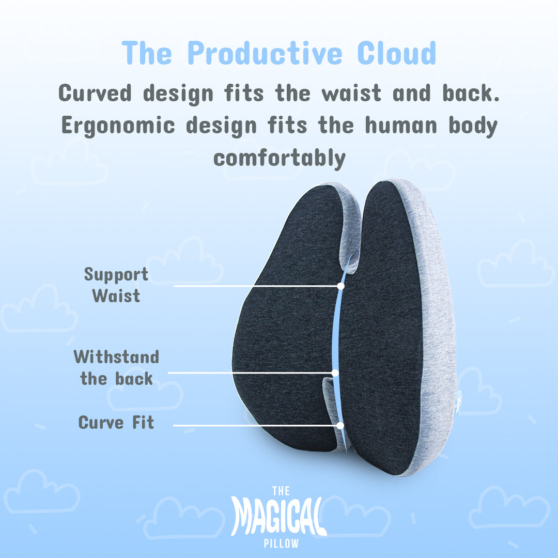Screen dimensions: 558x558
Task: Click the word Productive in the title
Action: tap(265, 53)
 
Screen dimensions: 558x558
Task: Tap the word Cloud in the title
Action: tap(396, 53)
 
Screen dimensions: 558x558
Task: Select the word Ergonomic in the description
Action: tap(118, 127)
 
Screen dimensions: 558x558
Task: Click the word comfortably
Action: tap(280, 159)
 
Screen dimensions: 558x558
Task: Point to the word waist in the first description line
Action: tap(351, 93)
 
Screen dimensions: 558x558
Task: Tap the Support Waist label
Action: tap(116, 285)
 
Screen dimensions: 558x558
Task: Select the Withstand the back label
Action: tap(116, 367)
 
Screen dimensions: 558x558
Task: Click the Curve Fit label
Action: tap(116, 423)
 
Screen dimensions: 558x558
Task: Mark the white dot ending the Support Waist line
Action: tap(340, 286)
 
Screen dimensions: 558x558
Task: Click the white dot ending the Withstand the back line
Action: tap(335, 373)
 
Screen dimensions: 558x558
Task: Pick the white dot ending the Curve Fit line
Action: tap(340, 426)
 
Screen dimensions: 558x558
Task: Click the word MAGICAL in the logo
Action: tap(278, 516)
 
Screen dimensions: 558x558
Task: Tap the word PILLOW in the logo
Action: tap(281, 544)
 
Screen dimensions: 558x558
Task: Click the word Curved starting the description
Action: tap(95, 93)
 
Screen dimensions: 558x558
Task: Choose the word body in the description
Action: tap(473, 127)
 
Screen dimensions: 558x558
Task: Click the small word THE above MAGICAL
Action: tap(281, 491)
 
